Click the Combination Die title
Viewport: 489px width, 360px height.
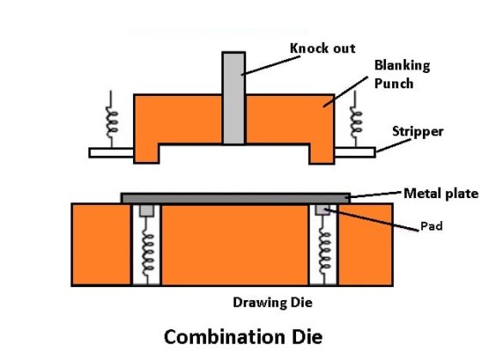[x=243, y=336]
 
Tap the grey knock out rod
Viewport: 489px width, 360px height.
[x=233, y=98]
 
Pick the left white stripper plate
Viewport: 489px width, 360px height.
[x=111, y=153]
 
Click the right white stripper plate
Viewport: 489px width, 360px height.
[x=354, y=153]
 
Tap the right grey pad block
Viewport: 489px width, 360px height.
[x=323, y=210]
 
